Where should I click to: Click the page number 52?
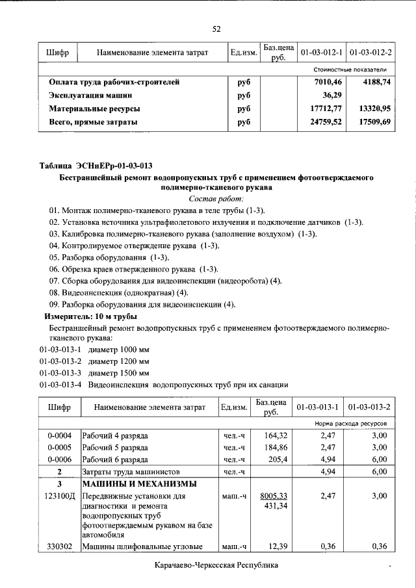point(217,28)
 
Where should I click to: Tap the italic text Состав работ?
point(216,198)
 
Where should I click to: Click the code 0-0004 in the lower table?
point(59,435)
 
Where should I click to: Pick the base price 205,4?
point(277,459)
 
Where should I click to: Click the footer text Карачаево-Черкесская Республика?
point(217,566)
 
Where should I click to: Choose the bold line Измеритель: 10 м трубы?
point(90,316)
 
